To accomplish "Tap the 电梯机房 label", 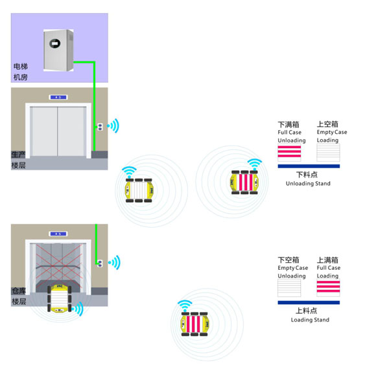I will pos(20,72).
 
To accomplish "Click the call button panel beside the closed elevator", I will pos(99,126).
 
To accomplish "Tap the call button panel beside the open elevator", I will pos(99,263).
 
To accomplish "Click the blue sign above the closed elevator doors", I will pos(58,98).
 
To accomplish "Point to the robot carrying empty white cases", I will pos(137,188).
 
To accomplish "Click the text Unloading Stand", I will pos(308,184).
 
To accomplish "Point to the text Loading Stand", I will pos(310,320).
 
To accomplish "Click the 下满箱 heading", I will pos(289,124).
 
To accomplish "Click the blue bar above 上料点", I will pos(308,302).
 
